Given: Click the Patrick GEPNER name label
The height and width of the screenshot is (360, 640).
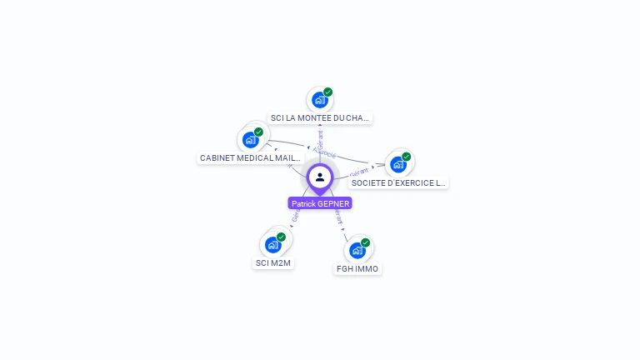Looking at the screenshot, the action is [320, 203].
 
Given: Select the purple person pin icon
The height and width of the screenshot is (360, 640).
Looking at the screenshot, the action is [320, 177].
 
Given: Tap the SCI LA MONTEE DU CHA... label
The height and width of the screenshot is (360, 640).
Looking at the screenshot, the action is [320, 118].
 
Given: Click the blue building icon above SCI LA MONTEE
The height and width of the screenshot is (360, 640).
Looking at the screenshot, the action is [319, 100].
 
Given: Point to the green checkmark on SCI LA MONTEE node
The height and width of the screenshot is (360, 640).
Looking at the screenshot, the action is [328, 92].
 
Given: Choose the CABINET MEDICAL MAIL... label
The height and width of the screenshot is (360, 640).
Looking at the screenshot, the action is [250, 157].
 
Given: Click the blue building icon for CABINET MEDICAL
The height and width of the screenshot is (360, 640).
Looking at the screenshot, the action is [250, 140].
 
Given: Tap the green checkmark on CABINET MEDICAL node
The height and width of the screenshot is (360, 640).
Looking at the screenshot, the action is [259, 132].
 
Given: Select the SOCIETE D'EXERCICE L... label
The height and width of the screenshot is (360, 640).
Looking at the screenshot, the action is [398, 182].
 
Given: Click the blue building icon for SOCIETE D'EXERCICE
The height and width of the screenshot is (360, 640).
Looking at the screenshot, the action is [397, 164].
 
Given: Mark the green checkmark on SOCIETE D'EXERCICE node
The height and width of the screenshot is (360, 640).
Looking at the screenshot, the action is [407, 157].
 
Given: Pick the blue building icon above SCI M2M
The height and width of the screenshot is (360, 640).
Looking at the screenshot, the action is [272, 245].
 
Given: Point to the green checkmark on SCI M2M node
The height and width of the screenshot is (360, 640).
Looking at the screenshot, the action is [282, 237].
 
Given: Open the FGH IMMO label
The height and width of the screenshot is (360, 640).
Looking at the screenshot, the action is [357, 269].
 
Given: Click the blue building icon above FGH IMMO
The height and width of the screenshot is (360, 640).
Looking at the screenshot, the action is [357, 250].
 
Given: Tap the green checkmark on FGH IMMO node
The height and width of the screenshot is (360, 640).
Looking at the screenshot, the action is [366, 242].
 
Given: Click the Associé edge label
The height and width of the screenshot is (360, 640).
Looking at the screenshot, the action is [325, 154].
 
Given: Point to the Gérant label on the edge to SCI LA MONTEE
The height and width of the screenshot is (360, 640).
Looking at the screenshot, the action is [320, 138].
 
